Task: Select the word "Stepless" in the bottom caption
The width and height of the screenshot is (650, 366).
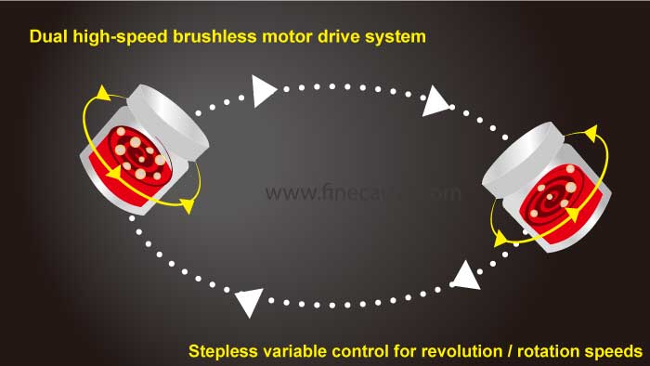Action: point(224,352)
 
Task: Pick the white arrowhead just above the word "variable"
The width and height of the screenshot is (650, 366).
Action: point(249,301)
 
